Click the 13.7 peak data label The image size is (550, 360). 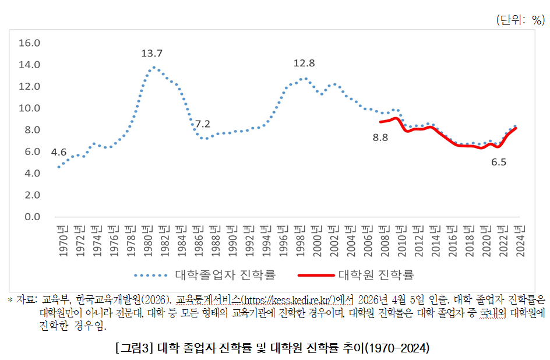point(151,54)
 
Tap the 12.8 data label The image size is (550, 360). point(304,63)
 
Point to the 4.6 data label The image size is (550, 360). point(58,152)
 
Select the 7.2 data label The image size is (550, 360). point(202,124)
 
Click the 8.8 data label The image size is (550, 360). point(380,138)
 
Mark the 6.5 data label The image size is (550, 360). point(499,163)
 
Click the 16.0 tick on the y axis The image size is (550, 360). point(29,43)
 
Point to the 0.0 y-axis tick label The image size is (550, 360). point(29,217)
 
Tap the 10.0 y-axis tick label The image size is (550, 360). point(29,108)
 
